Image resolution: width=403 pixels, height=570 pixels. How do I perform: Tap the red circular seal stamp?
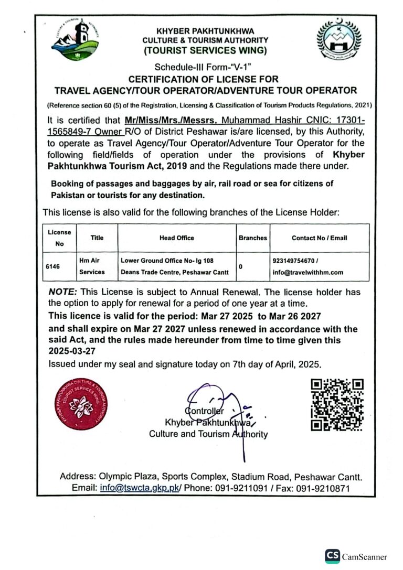(x=80, y=404)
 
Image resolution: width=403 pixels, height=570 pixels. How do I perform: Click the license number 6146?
(x=53, y=266)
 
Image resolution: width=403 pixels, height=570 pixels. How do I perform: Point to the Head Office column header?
(x=176, y=238)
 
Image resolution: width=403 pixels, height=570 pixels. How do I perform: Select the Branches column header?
(x=252, y=238)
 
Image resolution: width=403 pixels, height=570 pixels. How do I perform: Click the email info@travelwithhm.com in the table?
(x=308, y=272)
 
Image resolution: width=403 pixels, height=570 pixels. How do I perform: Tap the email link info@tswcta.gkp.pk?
(x=140, y=488)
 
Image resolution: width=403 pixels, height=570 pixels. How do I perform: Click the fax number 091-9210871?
(x=325, y=488)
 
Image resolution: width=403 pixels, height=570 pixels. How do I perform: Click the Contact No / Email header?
(x=319, y=238)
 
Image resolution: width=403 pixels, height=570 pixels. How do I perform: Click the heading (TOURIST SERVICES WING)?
(x=205, y=51)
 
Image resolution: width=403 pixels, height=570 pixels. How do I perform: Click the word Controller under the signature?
(x=205, y=411)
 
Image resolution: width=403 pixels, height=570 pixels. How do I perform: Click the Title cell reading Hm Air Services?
(x=92, y=266)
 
